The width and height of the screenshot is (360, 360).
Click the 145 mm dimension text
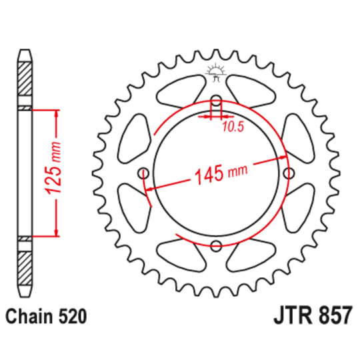pos(219,175)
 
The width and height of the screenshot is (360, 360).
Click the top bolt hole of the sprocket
pos(215,102)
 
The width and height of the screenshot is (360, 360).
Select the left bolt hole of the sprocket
pos(143,174)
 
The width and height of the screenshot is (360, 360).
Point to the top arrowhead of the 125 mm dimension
pos(56,113)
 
